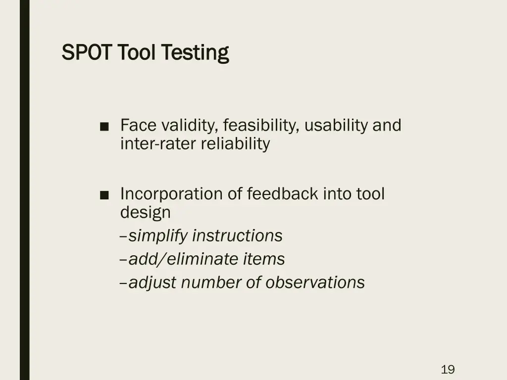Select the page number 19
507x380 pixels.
pos(448,369)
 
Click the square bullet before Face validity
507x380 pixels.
pos(104,126)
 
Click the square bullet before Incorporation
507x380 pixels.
pos(104,194)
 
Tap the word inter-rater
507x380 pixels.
pos(158,144)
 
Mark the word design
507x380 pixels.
pos(145,213)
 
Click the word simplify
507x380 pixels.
pos(158,236)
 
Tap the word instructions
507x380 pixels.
pos(237,236)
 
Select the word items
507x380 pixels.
pos(263,259)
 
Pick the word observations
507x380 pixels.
pos(315,283)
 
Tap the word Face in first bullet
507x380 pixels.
pos(139,126)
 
